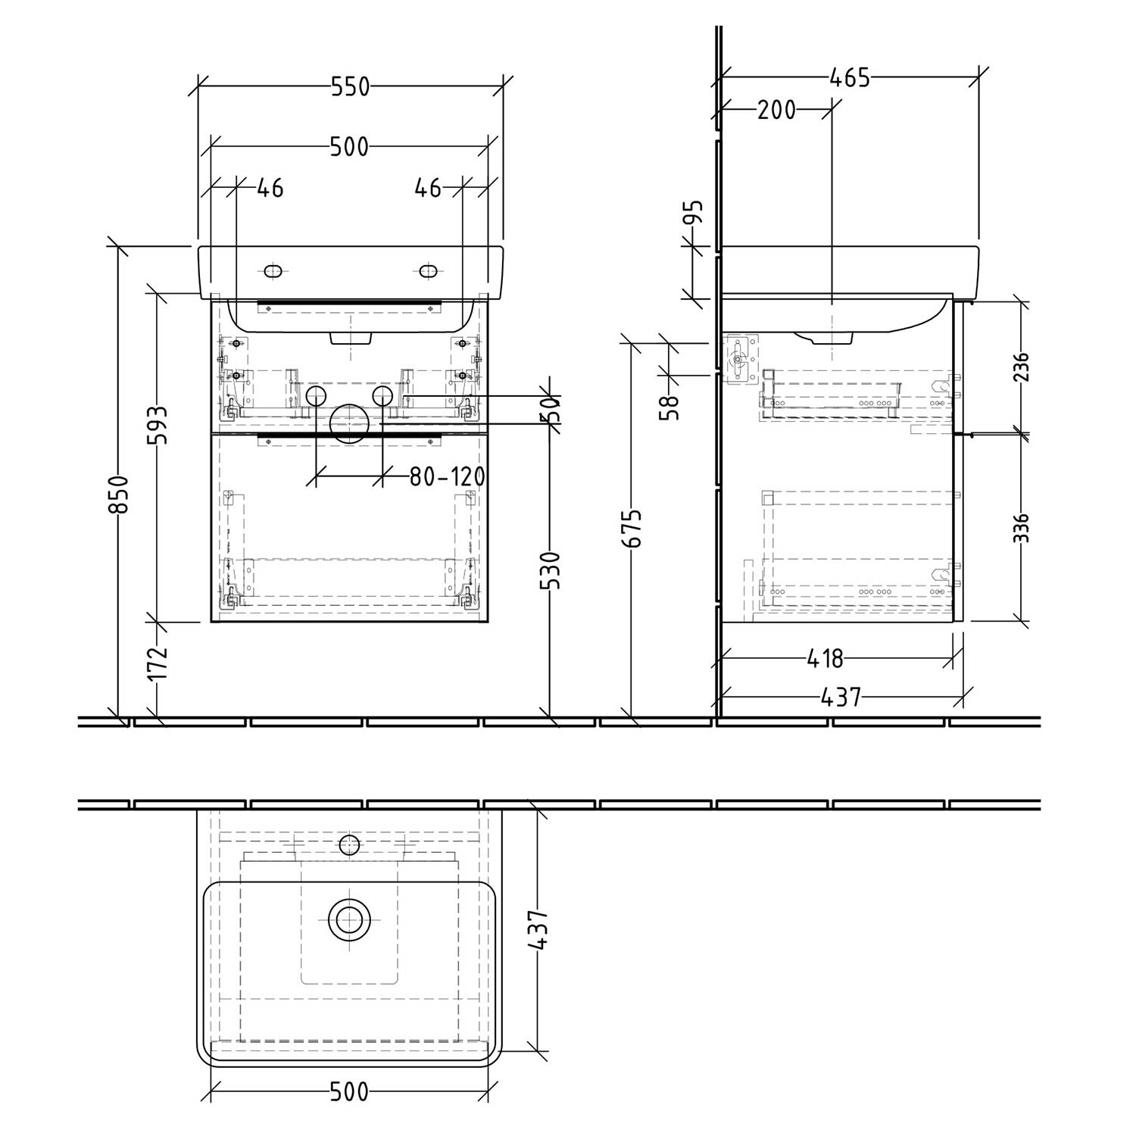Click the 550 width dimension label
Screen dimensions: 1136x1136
point(350,87)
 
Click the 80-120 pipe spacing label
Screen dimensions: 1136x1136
point(447,476)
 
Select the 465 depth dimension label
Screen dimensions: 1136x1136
point(850,77)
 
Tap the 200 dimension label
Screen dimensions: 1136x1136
point(777,111)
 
